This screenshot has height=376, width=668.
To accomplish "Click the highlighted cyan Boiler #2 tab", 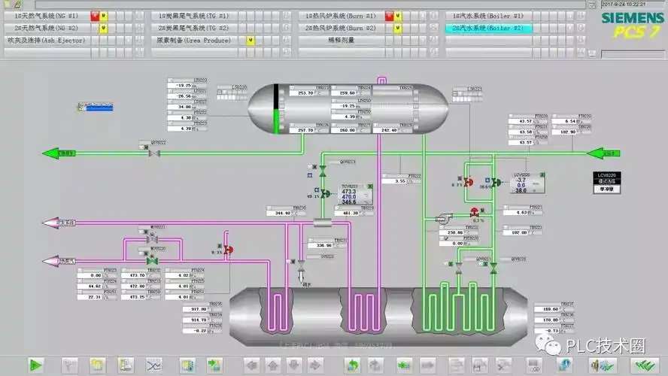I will point(488,28).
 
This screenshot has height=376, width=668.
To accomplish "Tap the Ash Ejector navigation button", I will point(46,40).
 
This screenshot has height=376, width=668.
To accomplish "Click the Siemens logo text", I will point(631,18).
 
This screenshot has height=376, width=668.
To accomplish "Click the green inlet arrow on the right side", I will point(601,153).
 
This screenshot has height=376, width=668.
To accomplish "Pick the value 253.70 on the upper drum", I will point(305,93).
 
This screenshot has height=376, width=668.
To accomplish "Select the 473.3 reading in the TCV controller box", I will point(349,192).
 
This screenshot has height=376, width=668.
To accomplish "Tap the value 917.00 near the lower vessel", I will point(199,309).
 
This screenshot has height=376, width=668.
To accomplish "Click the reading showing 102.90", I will point(567,132).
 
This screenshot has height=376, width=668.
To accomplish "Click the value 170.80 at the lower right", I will point(549,320).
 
